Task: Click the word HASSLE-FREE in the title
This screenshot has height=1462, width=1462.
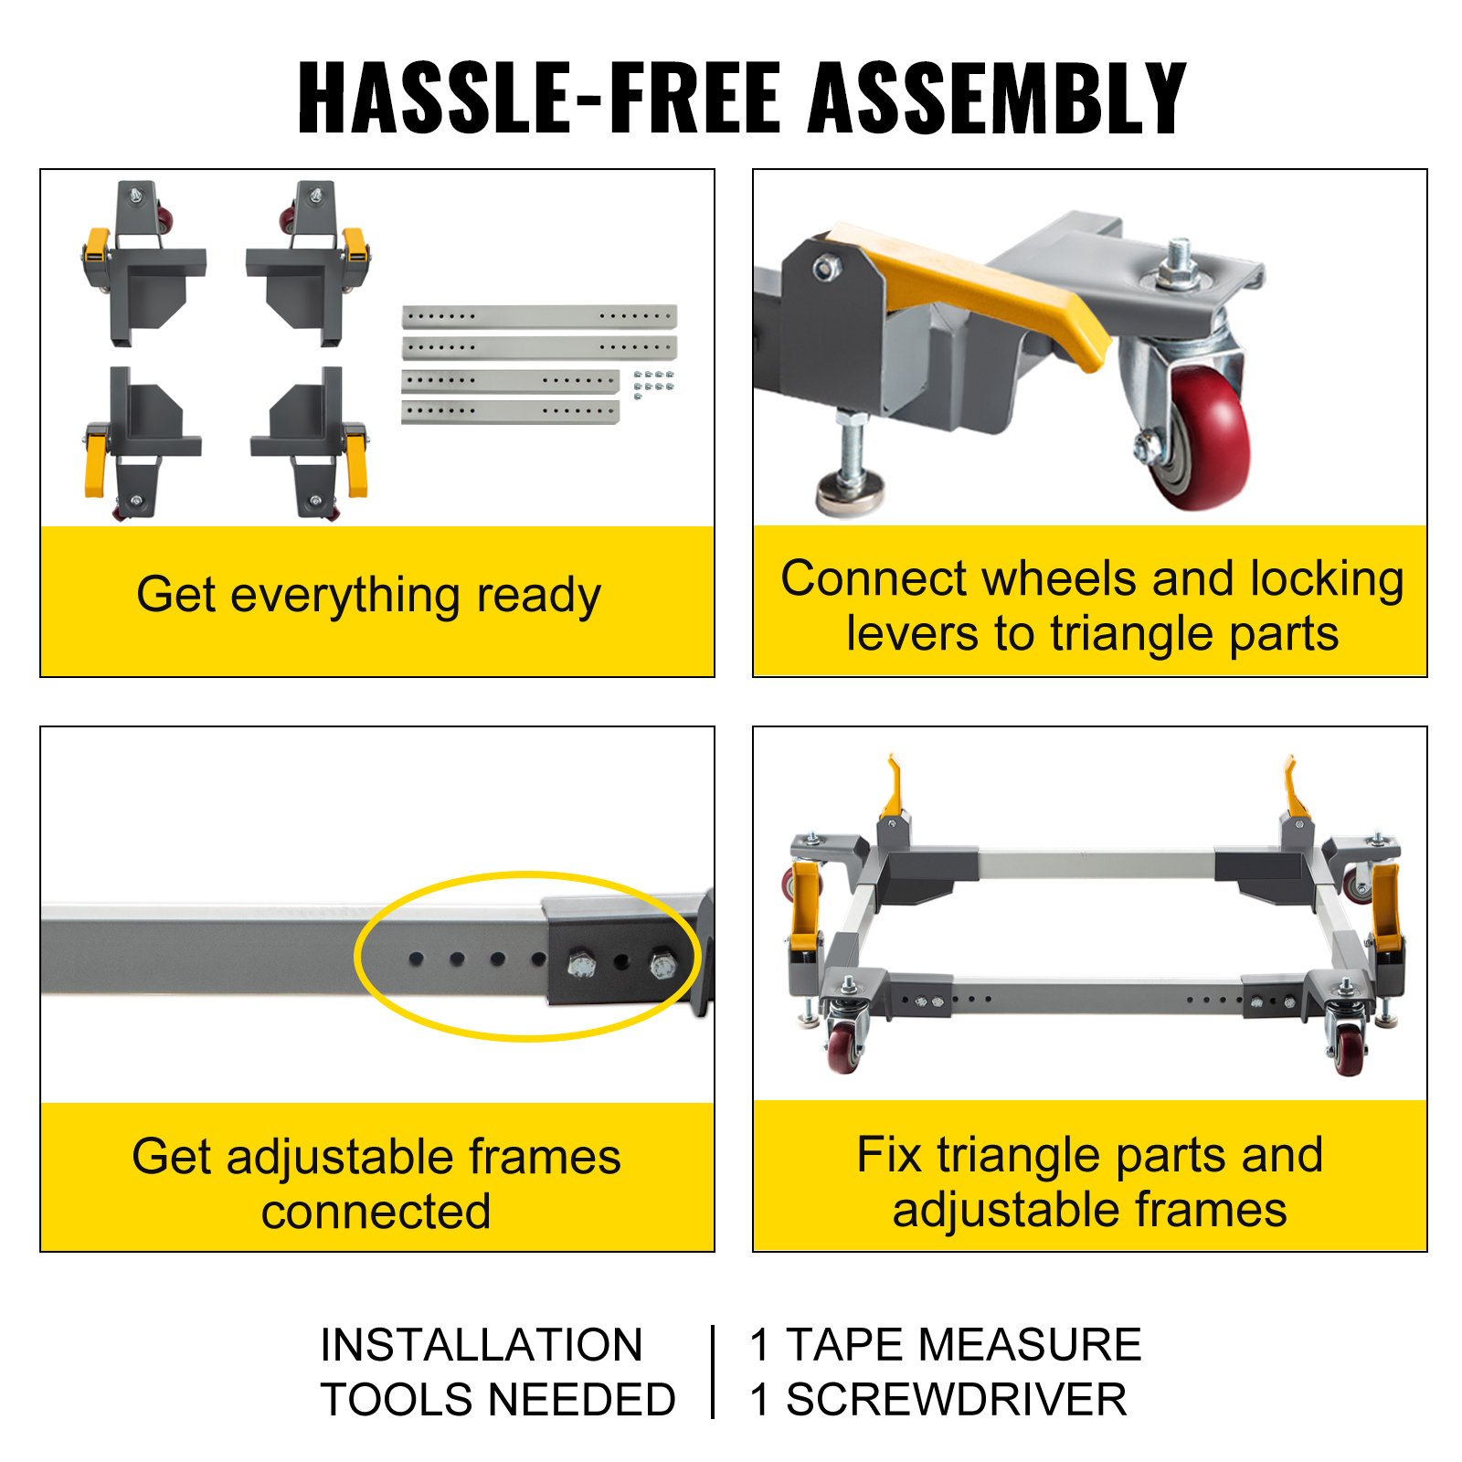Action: [539, 98]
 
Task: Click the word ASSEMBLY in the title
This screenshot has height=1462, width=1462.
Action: [996, 98]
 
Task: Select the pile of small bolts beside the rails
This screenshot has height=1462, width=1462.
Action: [653, 384]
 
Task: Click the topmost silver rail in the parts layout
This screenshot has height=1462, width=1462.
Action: [539, 316]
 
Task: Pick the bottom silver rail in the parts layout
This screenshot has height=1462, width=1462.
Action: [510, 412]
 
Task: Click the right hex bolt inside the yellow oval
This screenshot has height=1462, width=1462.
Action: [661, 966]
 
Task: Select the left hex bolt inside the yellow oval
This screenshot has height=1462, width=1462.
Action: [580, 965]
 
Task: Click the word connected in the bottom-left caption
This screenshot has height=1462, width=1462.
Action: [376, 1212]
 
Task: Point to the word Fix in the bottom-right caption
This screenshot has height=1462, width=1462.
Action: [889, 1155]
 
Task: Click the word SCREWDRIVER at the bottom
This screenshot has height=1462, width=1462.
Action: [956, 1399]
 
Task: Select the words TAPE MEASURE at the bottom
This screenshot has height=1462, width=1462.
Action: [963, 1344]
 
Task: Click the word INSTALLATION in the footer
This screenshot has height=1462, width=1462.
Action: [482, 1344]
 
